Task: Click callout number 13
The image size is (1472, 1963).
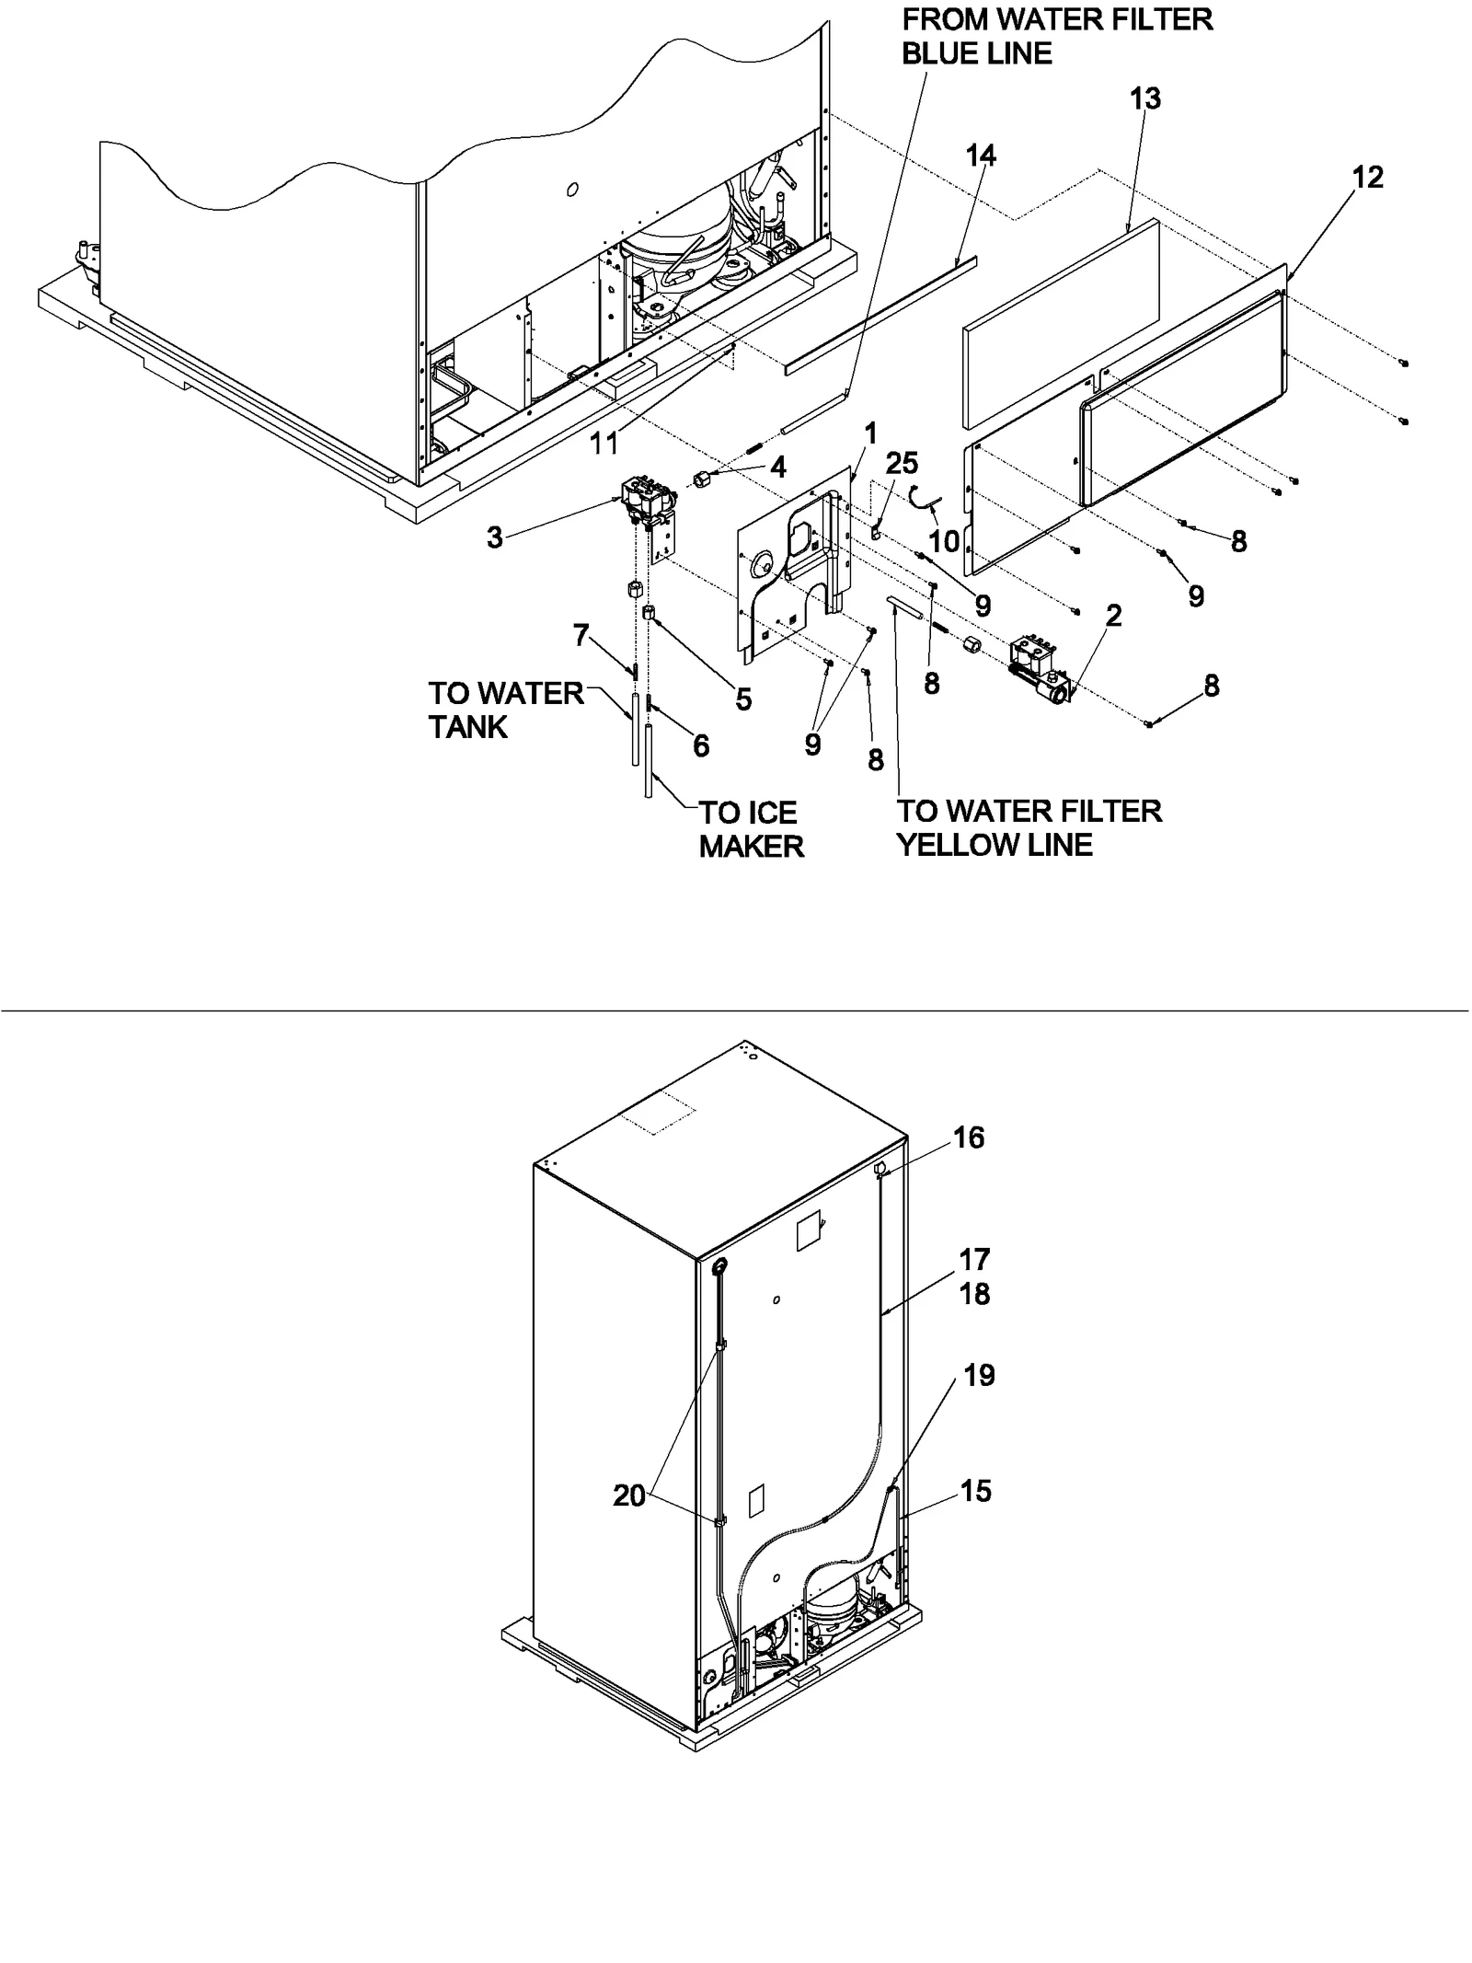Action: (x=1145, y=98)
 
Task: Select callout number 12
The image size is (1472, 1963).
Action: (x=1368, y=177)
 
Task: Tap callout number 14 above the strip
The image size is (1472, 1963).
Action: (x=981, y=156)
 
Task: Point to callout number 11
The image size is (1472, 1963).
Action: (x=604, y=443)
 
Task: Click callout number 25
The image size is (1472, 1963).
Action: (x=903, y=464)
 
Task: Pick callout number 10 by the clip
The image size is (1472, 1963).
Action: (x=945, y=541)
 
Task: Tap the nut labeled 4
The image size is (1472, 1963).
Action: (x=704, y=478)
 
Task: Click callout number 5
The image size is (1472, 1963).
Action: (x=743, y=699)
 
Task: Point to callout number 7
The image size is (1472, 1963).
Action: (x=581, y=635)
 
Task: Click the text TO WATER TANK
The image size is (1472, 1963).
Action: (x=505, y=710)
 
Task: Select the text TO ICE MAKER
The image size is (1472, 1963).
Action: (x=751, y=829)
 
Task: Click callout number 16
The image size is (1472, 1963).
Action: (x=969, y=1137)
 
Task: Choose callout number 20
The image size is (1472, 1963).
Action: (x=629, y=1496)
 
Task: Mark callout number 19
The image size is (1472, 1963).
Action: (x=979, y=1375)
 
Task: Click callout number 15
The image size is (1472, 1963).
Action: (x=976, y=1491)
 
